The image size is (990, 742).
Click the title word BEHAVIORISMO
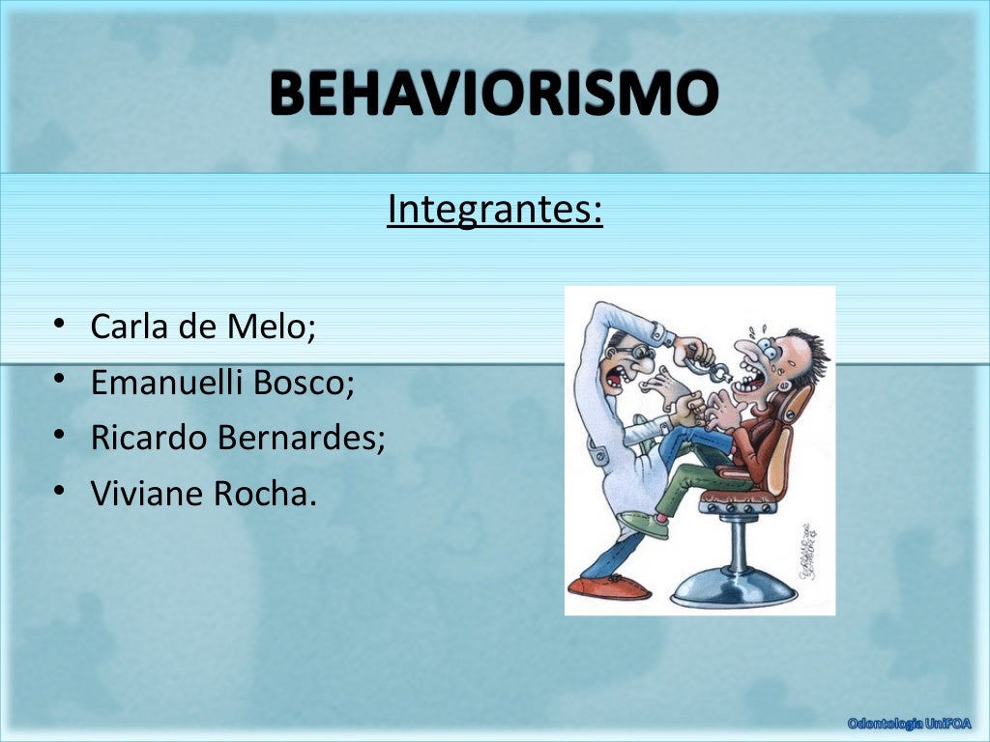pos(494,95)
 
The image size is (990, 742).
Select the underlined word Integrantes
pos(494,209)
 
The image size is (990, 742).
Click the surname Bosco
pos(304,383)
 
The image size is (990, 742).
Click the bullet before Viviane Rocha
pos(61,492)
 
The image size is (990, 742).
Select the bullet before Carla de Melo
pos(61,325)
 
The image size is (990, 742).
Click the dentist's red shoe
pos(609,585)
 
